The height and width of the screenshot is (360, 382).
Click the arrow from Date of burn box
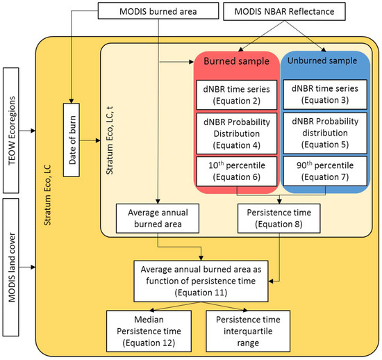(x=92, y=140)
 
